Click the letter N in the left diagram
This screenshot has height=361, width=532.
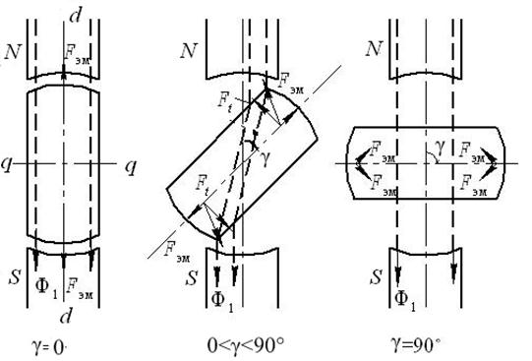click(x=13, y=51)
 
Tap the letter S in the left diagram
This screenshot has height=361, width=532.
click(x=15, y=277)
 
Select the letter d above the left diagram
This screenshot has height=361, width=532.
click(x=75, y=16)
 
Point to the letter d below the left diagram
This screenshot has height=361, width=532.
click(x=66, y=315)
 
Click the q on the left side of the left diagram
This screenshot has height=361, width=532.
click(x=6, y=165)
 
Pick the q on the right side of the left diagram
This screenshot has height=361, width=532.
click(x=131, y=167)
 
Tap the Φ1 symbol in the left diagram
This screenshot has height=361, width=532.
click(x=46, y=286)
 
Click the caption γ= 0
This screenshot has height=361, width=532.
click(x=49, y=347)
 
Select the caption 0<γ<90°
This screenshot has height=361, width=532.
click(x=246, y=345)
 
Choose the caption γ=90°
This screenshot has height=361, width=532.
click(x=416, y=345)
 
